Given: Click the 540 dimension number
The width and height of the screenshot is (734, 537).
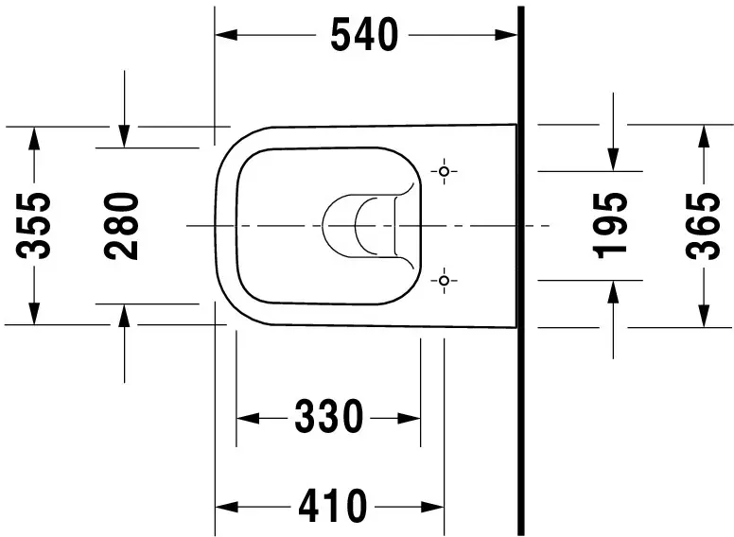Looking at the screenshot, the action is (x=364, y=35).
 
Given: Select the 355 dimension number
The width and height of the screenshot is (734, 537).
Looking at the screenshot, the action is (x=34, y=225).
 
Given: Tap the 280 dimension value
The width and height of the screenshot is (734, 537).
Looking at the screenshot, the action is (x=121, y=226).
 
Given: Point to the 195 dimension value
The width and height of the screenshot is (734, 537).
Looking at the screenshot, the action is (x=610, y=225).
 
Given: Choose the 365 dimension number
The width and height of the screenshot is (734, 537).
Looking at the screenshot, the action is (x=703, y=226).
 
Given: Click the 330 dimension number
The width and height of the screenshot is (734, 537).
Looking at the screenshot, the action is (x=328, y=416).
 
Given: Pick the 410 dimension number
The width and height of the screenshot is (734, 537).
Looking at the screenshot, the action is (x=333, y=506).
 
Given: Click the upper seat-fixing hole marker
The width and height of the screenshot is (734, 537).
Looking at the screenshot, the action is (x=445, y=171).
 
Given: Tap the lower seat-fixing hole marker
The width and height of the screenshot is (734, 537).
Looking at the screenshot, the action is (x=445, y=280).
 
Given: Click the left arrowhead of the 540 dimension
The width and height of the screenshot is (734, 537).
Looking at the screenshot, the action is (x=226, y=35).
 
